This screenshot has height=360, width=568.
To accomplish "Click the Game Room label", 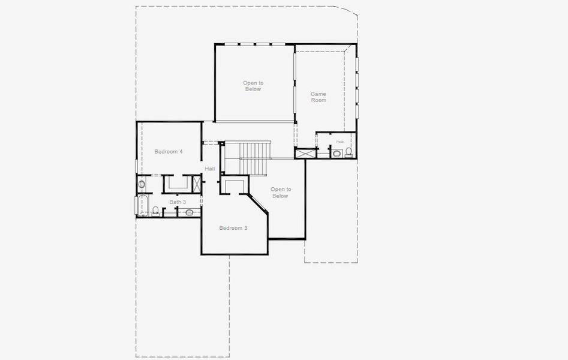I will pos(318,97).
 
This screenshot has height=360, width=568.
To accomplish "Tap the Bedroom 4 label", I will pos(169,152).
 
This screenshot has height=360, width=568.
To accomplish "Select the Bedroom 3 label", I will pos(233,228).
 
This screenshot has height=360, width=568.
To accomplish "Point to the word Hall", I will pos(209,169).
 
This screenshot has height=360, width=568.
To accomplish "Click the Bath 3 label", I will pos(178,202).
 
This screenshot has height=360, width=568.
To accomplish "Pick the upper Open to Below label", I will pos(253,86).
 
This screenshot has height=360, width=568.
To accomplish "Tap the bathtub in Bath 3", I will pos(143,205).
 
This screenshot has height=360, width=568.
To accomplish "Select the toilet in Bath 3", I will pos(156,211).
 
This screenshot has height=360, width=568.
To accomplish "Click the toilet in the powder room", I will pos(349,151).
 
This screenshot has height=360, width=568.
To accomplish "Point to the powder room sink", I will pos(336,154).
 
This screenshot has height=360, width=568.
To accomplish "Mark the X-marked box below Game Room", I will pos(304,154).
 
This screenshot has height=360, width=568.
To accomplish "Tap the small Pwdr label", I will pos(340,142).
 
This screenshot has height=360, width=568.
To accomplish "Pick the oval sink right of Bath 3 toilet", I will pos(190,212).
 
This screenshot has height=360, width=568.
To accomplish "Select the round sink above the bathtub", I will pos(142,184).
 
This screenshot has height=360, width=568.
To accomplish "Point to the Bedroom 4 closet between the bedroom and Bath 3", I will pos(177,183).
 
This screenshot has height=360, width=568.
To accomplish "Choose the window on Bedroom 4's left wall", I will pos(137,164).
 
